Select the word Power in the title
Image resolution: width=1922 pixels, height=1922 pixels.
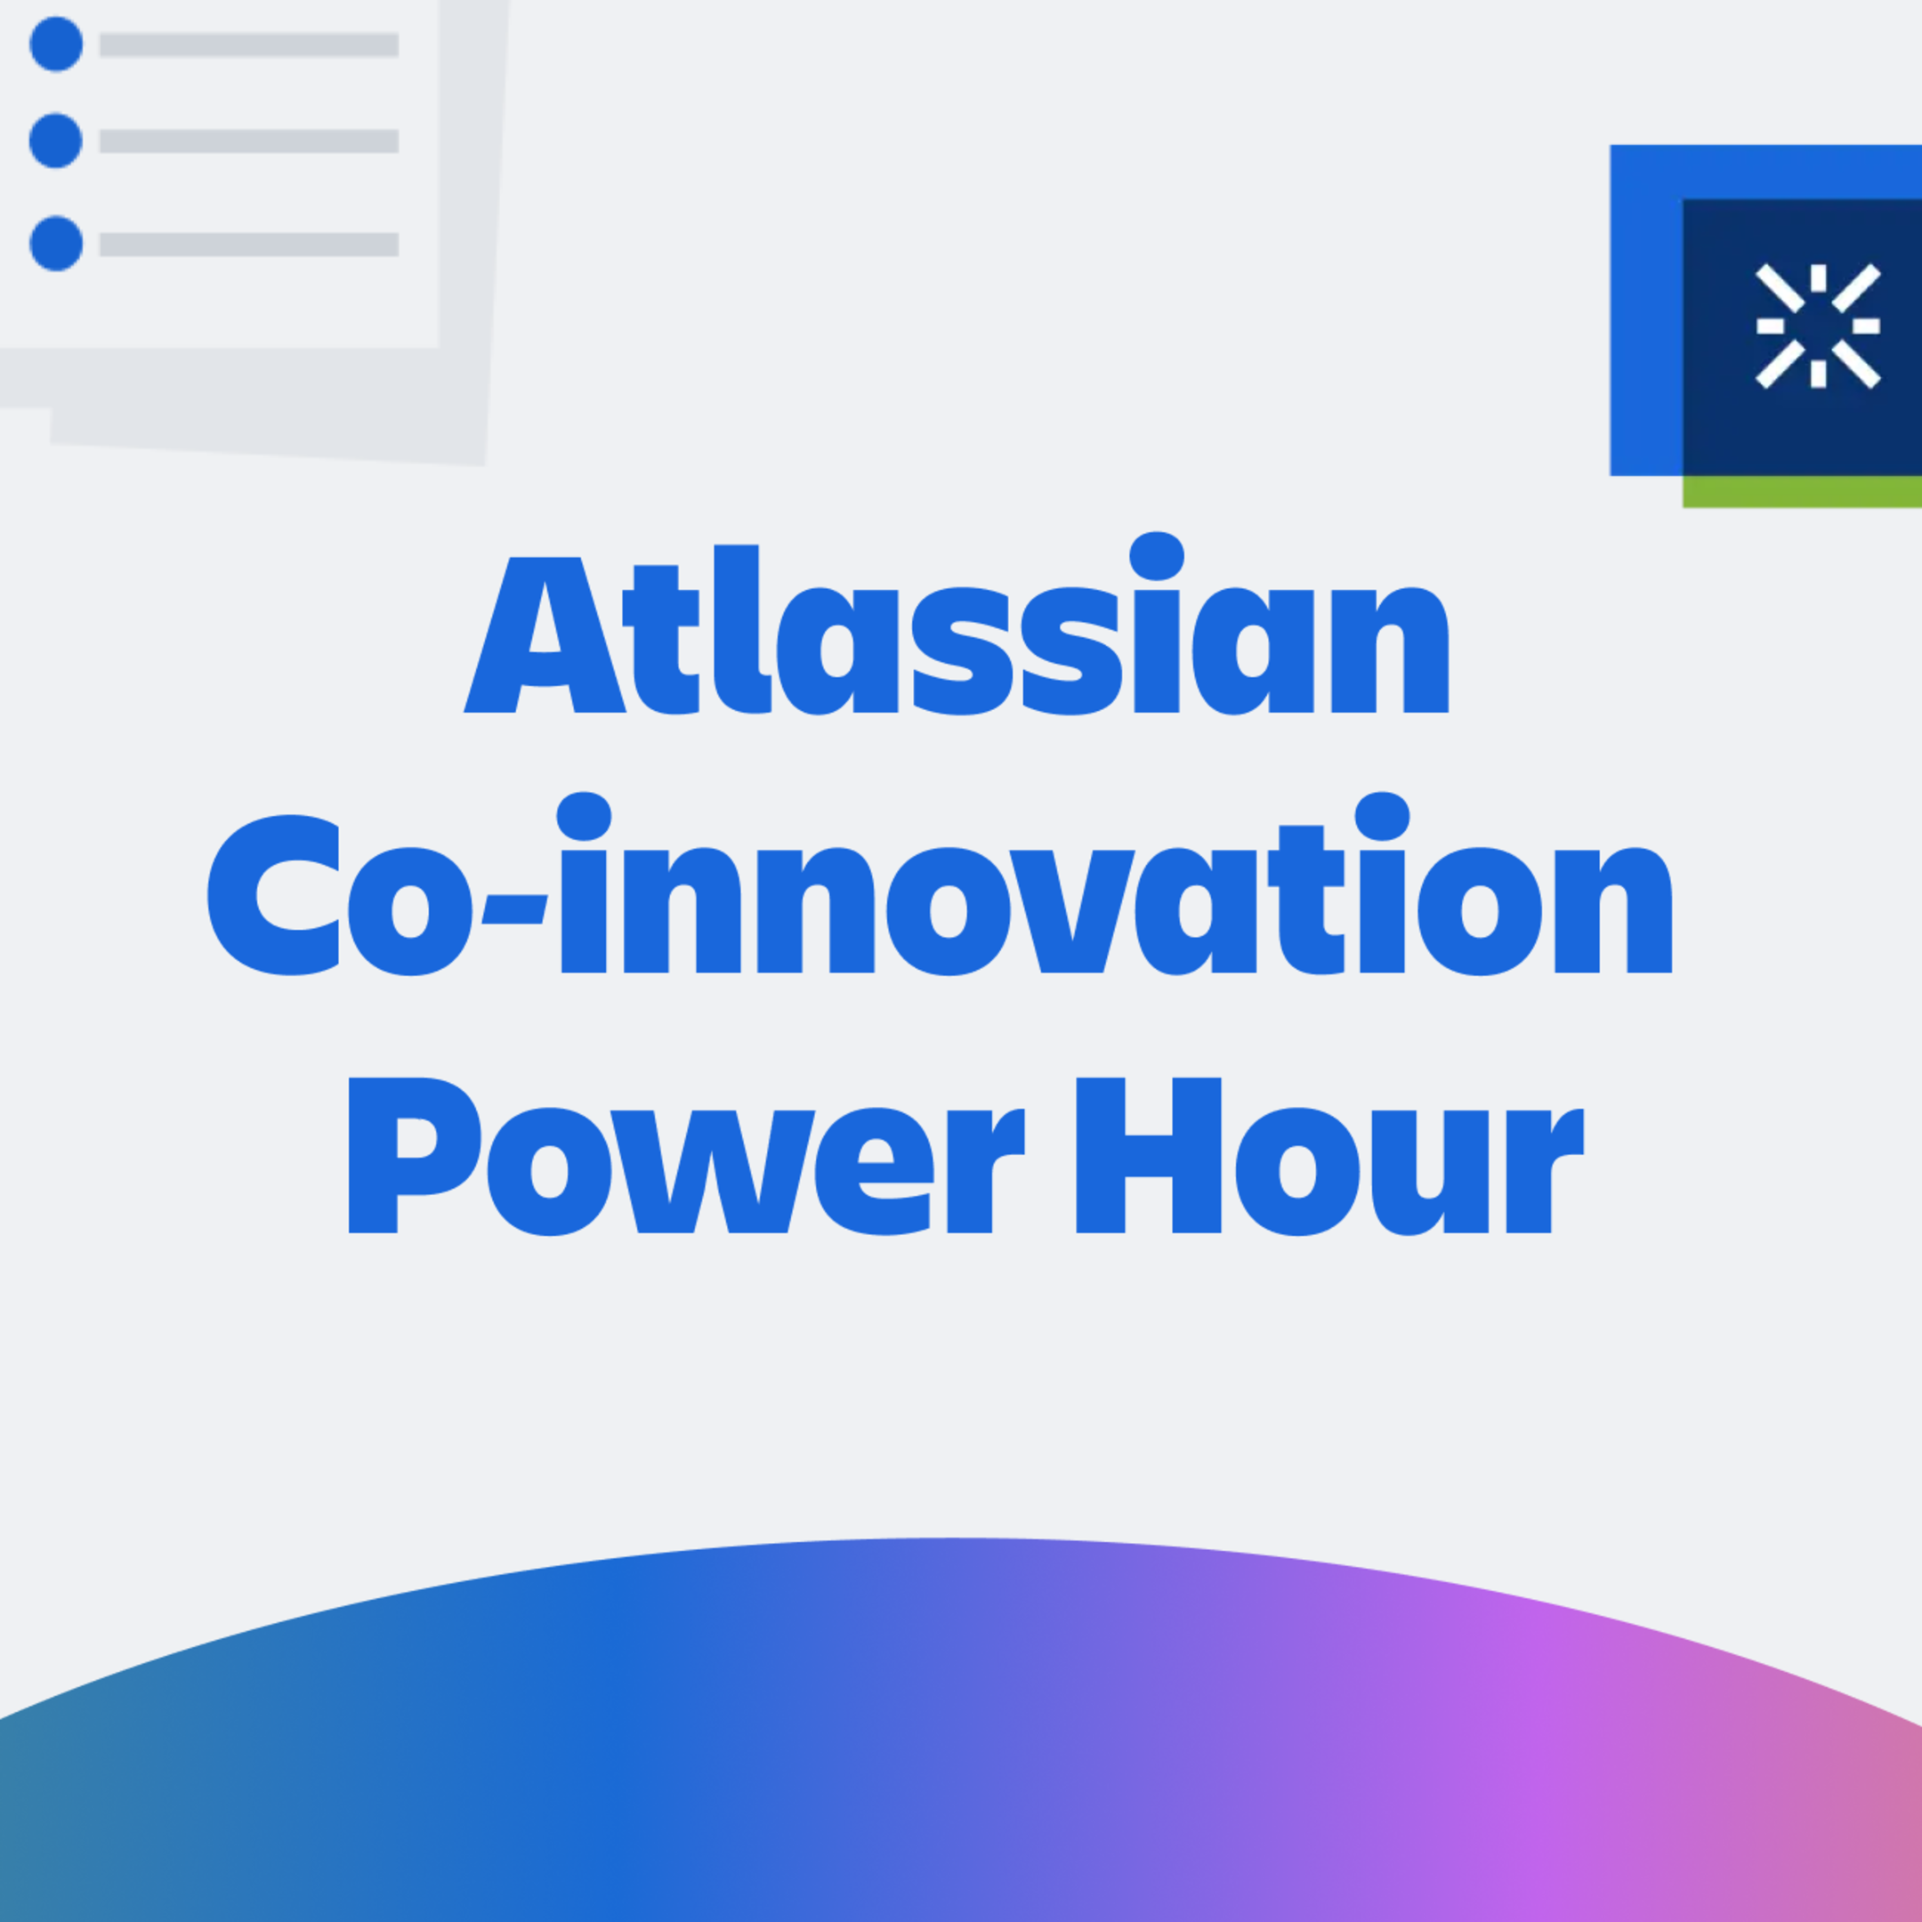click(685, 1156)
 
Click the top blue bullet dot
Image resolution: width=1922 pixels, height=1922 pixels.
click(56, 44)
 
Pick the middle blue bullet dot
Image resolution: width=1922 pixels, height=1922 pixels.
click(56, 141)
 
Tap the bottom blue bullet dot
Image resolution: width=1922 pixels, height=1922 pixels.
click(56, 244)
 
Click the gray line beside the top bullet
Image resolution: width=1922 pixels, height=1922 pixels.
click(249, 44)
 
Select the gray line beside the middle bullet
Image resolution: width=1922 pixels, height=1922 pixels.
click(249, 141)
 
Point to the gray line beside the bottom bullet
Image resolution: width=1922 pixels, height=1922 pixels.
click(249, 245)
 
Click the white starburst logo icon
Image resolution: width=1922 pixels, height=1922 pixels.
click(1818, 326)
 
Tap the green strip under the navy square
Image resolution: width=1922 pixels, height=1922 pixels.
click(1801, 491)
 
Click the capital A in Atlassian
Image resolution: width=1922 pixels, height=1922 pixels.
click(545, 637)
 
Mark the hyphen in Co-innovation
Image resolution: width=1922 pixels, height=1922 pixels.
click(514, 909)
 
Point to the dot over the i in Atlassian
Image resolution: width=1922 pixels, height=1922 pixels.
click(1156, 556)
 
